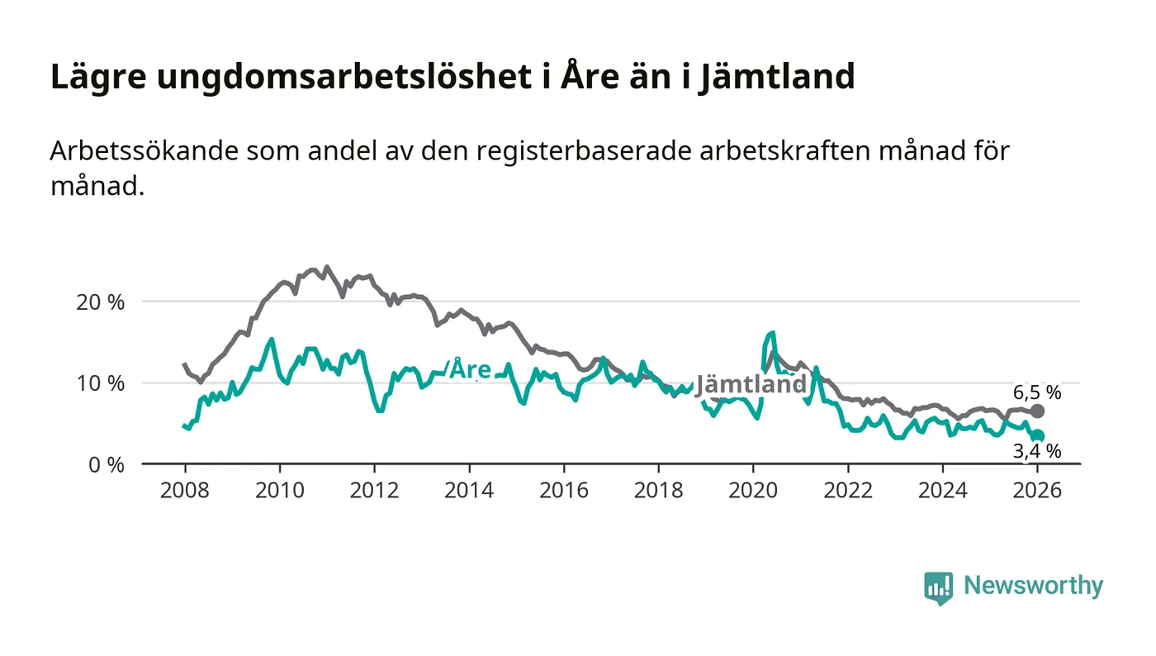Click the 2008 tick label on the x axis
[x=184, y=490]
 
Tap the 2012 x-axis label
[x=374, y=490]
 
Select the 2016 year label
[x=563, y=490]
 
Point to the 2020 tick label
[x=753, y=490]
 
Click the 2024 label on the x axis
[x=943, y=490]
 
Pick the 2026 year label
[x=1038, y=490]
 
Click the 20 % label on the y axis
[x=100, y=302]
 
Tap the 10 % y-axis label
[x=100, y=383]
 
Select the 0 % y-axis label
[x=105, y=464]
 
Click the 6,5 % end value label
[x=1037, y=392]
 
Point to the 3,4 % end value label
[x=1037, y=451]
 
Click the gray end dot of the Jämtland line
[x=1038, y=411]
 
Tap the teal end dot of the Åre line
[x=1038, y=435]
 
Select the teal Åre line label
[x=469, y=369]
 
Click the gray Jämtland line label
[x=751, y=385]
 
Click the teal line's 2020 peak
[x=773, y=333]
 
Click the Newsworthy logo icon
[x=938, y=587]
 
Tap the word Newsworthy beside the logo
[x=1033, y=586]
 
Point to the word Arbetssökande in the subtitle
[x=131, y=152]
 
